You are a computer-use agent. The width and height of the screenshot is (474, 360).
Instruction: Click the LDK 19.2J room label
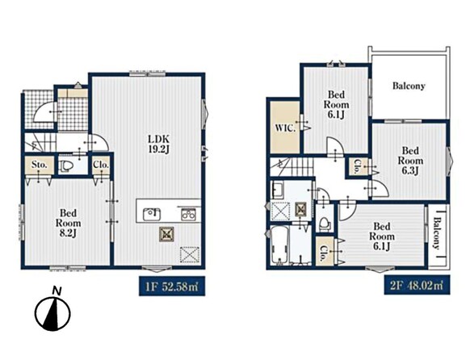tap(157, 144)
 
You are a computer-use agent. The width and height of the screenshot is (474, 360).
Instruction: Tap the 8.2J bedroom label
tap(68, 223)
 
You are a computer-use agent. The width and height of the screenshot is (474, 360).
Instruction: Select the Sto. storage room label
tap(40, 165)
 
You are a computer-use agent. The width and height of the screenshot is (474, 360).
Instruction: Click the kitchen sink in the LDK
tap(152, 214)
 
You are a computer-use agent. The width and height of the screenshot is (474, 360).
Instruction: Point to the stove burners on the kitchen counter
tap(188, 214)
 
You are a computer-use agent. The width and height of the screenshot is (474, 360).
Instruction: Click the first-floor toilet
tap(66, 166)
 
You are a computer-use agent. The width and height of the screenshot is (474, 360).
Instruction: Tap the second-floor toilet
tap(325, 224)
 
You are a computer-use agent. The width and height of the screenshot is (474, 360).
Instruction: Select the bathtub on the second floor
tap(278, 245)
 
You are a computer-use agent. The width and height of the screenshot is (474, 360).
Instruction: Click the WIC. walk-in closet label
tap(285, 128)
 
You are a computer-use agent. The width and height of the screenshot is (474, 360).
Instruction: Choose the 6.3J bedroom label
tap(410, 160)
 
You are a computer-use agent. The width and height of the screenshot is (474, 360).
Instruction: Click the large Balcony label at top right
tap(409, 86)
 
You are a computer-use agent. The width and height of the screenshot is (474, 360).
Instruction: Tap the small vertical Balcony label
tap(436, 233)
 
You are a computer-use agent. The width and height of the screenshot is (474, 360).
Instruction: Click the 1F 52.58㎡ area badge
tap(172, 286)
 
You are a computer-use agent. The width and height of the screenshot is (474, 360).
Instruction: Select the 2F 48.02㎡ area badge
tap(417, 285)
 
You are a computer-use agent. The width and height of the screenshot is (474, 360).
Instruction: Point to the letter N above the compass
tap(57, 291)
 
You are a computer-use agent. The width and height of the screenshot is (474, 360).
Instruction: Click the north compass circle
tap(53, 313)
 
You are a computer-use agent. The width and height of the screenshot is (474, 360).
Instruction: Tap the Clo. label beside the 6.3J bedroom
tap(357, 166)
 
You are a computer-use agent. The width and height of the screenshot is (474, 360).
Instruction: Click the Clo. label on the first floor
tap(101, 165)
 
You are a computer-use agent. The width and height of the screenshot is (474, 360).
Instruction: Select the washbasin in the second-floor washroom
tap(277, 189)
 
